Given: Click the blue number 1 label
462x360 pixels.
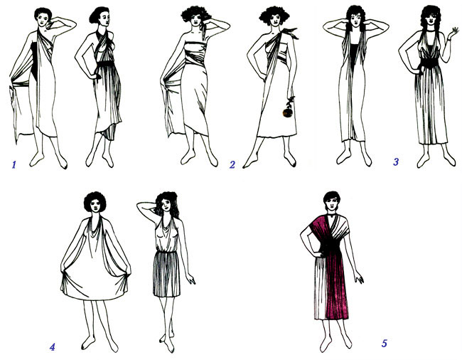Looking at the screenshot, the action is tap(14, 164).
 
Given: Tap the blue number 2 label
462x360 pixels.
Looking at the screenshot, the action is tap(232, 164).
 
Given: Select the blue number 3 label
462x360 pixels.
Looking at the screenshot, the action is tap(396, 162).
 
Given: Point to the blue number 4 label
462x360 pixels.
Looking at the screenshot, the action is tap(52, 347).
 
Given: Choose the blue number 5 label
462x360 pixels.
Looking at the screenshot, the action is tap(385, 343).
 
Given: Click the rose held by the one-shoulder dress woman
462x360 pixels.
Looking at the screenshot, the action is tap(288, 108).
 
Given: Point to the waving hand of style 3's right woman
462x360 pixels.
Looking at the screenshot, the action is tap(453, 33).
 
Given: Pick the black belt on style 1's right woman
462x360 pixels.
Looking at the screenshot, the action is tap(105, 64).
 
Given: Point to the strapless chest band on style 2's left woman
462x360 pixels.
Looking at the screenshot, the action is tap(195, 46).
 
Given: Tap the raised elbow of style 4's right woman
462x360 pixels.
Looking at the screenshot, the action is tap(139, 206).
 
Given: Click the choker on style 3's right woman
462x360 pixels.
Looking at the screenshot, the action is tap(431, 30).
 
